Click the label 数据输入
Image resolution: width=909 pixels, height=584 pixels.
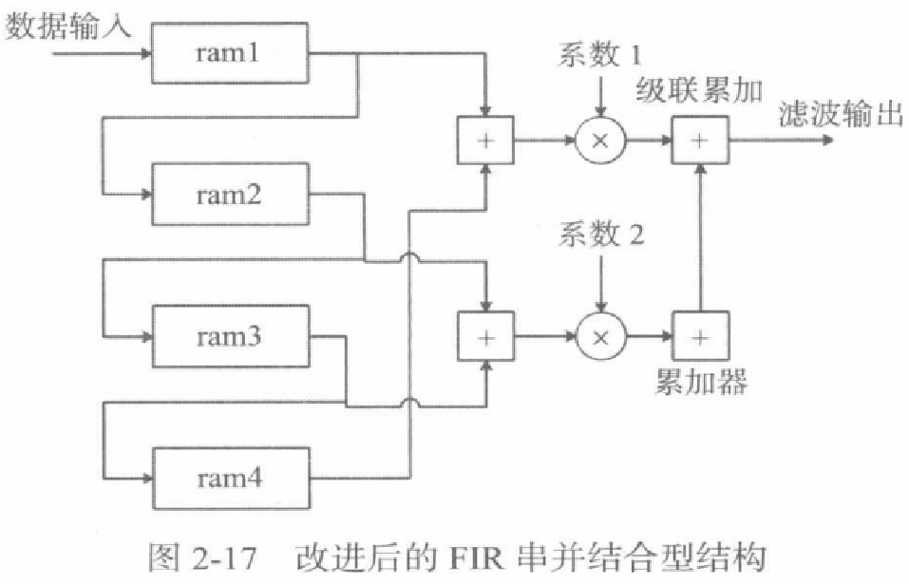click(x=71, y=26)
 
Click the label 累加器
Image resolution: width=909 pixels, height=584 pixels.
click(x=701, y=382)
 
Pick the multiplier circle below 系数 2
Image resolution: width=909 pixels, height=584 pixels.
click(x=600, y=337)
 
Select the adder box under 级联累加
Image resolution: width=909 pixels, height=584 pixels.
click(x=700, y=141)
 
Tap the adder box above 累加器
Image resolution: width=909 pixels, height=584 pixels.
click(x=700, y=337)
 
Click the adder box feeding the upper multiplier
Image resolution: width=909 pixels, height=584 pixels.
click(x=485, y=141)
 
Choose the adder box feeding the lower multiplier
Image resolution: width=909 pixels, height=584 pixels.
click(x=485, y=337)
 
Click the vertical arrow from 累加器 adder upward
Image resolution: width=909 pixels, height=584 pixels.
click(x=700, y=237)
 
